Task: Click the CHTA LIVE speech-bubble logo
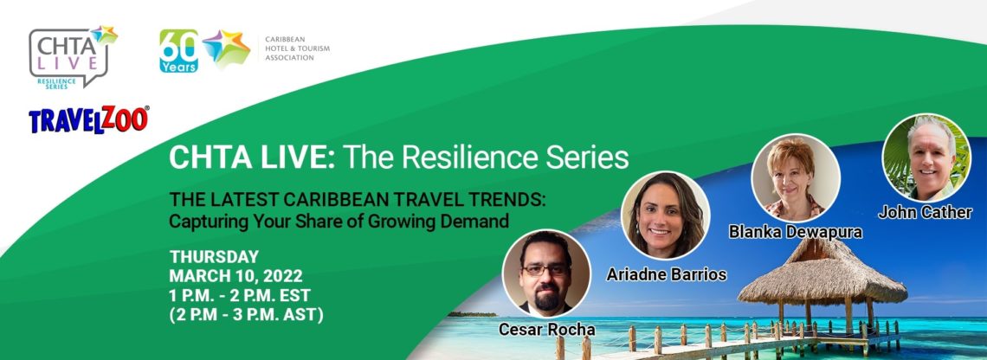click(x=70, y=56)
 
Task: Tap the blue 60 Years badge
click(x=178, y=51)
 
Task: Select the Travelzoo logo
click(x=89, y=119)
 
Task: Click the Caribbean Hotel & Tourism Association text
click(x=297, y=48)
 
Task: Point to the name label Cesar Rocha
click(x=546, y=329)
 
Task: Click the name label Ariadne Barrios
click(x=666, y=274)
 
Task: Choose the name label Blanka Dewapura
click(x=796, y=232)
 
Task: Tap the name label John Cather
click(x=925, y=212)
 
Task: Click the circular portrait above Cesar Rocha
click(x=546, y=273)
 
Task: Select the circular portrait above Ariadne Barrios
click(x=666, y=215)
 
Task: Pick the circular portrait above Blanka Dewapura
click(x=796, y=177)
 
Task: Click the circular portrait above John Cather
click(x=926, y=158)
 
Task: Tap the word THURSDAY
click(x=214, y=257)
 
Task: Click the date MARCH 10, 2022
click(x=236, y=276)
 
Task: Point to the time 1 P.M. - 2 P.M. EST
click(x=240, y=294)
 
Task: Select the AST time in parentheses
click(x=247, y=314)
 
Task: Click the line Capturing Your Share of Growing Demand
click(x=339, y=222)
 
